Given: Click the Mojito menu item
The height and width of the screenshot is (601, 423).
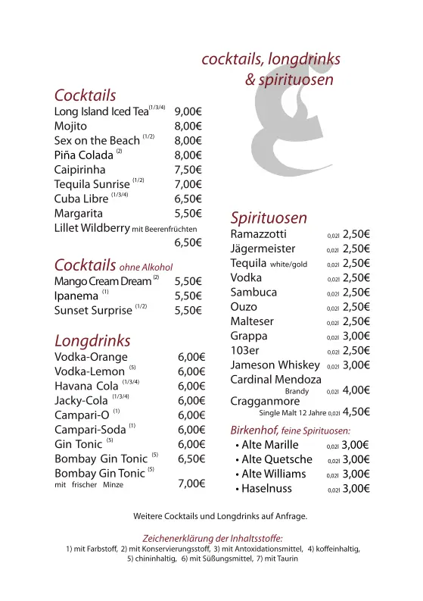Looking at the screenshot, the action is click(x=70, y=126).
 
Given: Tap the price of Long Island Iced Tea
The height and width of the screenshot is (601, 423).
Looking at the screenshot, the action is click(x=188, y=111).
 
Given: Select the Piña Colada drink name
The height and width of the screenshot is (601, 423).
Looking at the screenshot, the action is click(x=83, y=155).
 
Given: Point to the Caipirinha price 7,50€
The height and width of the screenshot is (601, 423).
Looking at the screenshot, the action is click(x=188, y=170).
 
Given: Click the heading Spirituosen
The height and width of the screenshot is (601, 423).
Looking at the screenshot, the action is click(x=269, y=218).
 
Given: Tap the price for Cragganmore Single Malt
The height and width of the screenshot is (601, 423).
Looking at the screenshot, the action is click(x=356, y=413).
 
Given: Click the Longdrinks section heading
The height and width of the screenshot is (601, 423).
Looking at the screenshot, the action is click(x=92, y=340).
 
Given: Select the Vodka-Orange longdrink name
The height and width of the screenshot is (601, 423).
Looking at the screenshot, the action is click(x=91, y=357).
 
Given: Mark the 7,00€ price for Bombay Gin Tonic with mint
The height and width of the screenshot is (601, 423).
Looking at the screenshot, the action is click(x=191, y=484).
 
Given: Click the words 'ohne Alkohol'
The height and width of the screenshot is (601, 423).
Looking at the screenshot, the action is click(x=146, y=267).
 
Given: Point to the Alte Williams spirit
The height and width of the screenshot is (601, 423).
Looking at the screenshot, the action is click(x=273, y=474).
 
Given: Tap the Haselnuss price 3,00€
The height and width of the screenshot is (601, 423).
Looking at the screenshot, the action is click(x=355, y=489).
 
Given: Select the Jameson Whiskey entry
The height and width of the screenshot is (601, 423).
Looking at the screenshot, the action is click(x=272, y=365).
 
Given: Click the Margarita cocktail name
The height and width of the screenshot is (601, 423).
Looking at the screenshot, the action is click(x=79, y=214).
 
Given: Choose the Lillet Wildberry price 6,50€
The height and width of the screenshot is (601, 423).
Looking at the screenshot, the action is click(x=188, y=243).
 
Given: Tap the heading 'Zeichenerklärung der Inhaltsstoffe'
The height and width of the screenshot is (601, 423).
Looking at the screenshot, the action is click(x=213, y=538).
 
